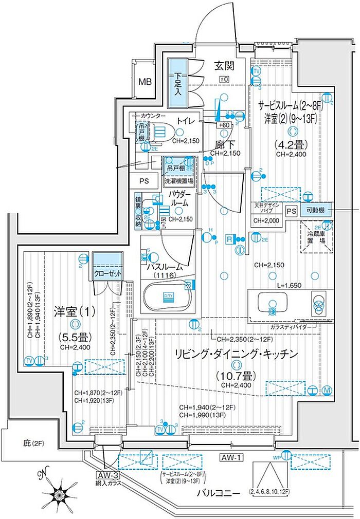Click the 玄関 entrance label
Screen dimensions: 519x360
tap(224, 66)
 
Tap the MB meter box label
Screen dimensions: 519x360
tap(146, 82)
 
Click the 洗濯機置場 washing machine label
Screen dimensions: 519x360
tap(179, 181)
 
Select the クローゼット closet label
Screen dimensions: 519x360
tap(108, 274)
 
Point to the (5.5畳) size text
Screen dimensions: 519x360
tap(75, 338)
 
